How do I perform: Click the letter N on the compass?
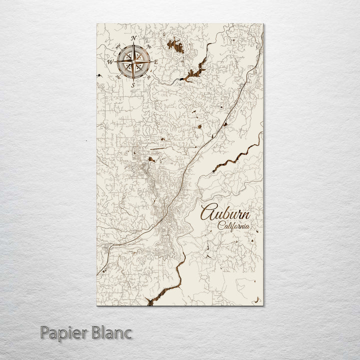click(133, 38)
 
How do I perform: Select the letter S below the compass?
click(132, 85)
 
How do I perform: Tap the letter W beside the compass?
click(109, 61)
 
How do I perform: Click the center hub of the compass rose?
click(133, 62)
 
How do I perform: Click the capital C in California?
click(220, 225)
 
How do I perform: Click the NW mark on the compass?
click(118, 46)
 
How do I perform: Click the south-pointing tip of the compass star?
click(133, 80)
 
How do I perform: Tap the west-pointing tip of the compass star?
click(115, 62)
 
